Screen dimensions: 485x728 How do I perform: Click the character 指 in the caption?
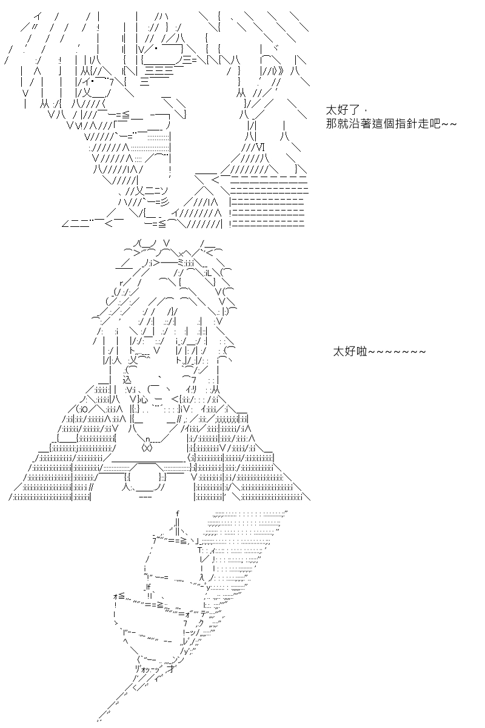click(401, 124)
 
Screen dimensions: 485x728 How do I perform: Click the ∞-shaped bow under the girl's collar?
click(147, 448)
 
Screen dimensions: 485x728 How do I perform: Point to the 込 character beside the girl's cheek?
click(127, 380)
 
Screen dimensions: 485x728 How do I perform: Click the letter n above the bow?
click(148, 440)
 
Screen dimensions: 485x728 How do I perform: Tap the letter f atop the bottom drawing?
click(178, 513)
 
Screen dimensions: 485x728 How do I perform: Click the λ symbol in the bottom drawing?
click(202, 576)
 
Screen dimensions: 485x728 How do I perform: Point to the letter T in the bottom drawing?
click(200, 550)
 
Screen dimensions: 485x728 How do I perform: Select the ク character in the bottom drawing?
click(201, 623)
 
